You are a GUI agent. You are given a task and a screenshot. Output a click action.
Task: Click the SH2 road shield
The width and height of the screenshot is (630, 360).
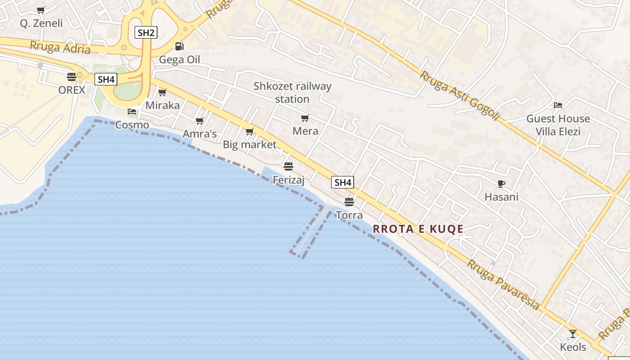[x=146, y=32]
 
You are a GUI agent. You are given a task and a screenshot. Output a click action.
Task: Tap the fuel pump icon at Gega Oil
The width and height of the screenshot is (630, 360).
[x=179, y=46]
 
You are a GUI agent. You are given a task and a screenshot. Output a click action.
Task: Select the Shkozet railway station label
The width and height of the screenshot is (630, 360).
[x=292, y=92]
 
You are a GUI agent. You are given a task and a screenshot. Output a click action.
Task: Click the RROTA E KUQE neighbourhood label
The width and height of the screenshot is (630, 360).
[x=418, y=229]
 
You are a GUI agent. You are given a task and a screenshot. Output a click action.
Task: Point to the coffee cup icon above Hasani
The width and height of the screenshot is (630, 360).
[x=501, y=184]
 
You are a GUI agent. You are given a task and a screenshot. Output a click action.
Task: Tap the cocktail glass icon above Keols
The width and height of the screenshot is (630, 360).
[x=573, y=333]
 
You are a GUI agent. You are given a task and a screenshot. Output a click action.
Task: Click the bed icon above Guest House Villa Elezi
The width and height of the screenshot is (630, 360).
[x=558, y=105]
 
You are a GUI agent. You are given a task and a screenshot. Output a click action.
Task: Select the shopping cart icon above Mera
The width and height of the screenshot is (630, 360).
[x=305, y=118]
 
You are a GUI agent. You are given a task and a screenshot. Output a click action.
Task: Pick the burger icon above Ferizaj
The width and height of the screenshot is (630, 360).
[x=288, y=166]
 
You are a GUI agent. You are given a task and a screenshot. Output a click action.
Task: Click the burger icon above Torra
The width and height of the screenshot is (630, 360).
[x=349, y=202]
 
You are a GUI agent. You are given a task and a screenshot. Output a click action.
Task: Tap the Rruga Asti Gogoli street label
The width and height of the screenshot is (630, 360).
[x=460, y=95]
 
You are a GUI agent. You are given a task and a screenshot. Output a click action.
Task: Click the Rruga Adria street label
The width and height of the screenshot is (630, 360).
[x=60, y=47]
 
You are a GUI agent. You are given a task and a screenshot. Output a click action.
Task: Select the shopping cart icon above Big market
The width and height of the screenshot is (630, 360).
[x=249, y=131]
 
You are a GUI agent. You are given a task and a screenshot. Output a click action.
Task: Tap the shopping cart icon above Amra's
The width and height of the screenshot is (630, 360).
[x=200, y=121]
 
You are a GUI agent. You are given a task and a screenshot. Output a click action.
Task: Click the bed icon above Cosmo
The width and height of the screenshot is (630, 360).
[x=132, y=111]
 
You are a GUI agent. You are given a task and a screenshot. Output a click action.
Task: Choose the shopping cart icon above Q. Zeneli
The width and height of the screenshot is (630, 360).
[x=41, y=10]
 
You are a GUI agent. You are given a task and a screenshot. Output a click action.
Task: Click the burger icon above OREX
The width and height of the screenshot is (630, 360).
[x=72, y=76]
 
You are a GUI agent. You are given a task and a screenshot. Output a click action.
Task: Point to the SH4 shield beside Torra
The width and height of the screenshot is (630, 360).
[x=342, y=182]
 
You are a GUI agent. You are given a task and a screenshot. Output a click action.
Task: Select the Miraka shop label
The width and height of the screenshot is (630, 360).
[x=162, y=106]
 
